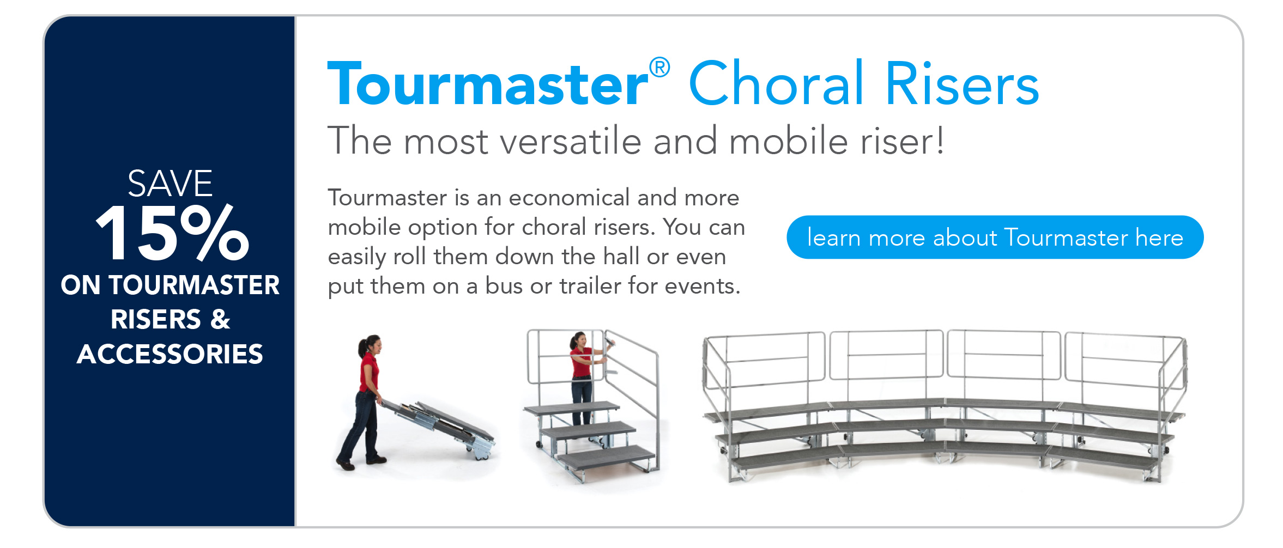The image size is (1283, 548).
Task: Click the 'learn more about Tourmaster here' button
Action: click(995, 238)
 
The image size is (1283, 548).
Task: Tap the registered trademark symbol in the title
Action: click(659, 68)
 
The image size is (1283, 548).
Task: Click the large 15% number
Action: click(172, 233)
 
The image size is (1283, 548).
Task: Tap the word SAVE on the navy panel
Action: click(170, 184)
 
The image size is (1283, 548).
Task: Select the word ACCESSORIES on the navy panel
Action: click(170, 354)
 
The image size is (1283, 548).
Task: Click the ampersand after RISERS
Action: click(220, 319)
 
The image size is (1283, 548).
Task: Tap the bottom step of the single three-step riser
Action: click(606, 456)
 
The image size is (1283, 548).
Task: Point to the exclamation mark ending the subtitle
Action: click(940, 140)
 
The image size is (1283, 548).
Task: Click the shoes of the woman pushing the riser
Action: click(360, 462)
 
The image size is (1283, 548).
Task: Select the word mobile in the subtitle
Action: click(788, 141)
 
